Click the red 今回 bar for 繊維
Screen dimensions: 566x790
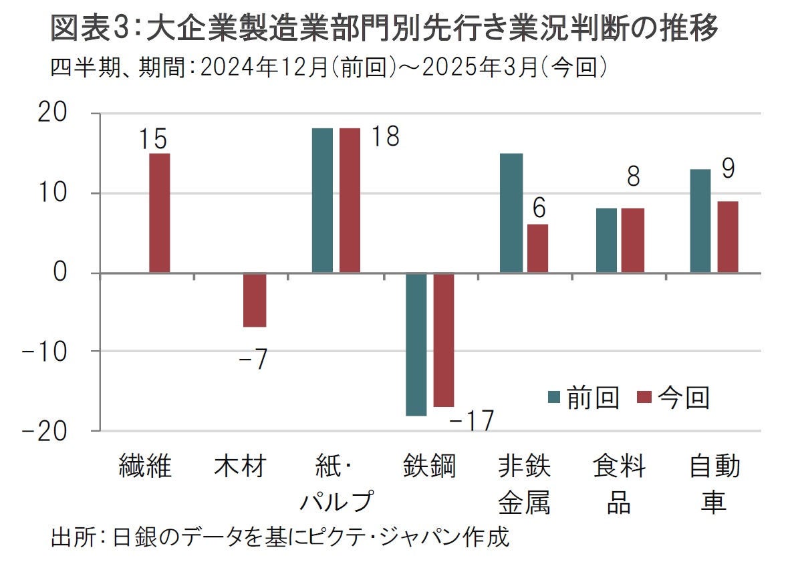[x=159, y=213]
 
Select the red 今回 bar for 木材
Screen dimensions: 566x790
[x=255, y=299]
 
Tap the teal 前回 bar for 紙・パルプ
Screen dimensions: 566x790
[x=322, y=200]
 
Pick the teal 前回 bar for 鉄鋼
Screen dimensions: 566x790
[x=416, y=344]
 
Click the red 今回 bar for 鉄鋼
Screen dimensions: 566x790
[x=444, y=339]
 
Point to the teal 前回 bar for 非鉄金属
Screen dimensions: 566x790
[x=512, y=213]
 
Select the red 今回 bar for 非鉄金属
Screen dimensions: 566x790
[x=537, y=248]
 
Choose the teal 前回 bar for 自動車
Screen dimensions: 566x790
[x=700, y=221]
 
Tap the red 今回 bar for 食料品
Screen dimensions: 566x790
[x=634, y=240]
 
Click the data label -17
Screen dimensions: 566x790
[x=471, y=421]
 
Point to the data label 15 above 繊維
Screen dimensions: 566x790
[x=154, y=140]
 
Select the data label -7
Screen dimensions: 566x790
[x=253, y=361]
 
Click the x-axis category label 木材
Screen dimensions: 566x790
[x=241, y=466]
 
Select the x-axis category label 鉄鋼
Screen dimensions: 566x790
[x=429, y=466]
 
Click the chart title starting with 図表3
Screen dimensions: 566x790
[x=384, y=29]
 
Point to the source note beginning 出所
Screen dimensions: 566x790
[x=280, y=537]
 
